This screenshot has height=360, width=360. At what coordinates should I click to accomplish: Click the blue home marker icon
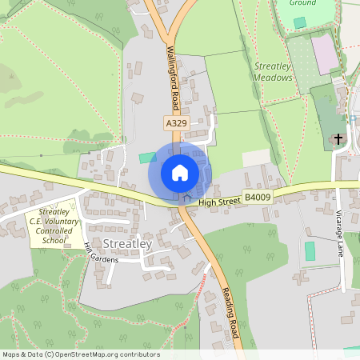[x=180, y=172]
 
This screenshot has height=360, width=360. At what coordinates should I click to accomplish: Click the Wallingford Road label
[x=171, y=76]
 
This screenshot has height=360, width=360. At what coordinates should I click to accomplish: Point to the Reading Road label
[x=231, y=312]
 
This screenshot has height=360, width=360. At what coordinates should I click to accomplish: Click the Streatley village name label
[x=127, y=242]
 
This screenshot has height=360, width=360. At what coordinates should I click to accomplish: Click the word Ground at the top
[x=303, y=4]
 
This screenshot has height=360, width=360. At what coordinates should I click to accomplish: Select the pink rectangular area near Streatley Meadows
[x=324, y=54]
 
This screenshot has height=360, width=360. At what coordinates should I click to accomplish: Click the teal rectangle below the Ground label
[x=300, y=22]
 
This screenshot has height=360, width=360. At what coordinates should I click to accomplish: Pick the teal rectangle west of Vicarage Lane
[x=310, y=251]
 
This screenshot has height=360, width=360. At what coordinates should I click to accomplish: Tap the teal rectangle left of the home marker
[x=145, y=158]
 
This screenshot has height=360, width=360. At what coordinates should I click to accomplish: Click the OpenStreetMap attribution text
[x=80, y=354]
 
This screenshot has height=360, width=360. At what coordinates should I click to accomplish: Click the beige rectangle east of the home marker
[x=257, y=158]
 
